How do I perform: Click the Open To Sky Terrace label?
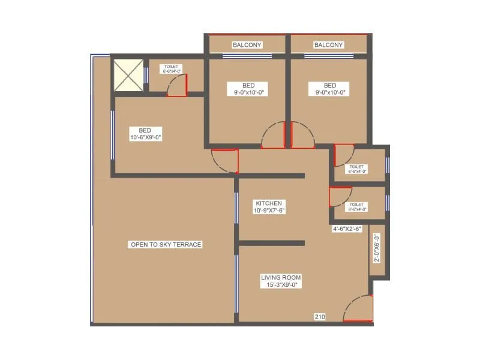pos(166,244)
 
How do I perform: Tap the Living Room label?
pos(281,277)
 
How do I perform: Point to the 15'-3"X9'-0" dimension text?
pos(281,285)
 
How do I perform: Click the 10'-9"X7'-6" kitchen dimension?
pos(268,211)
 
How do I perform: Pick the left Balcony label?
pos(246,44)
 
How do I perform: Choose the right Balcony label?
pos(328,44)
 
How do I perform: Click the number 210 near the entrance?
pos(319,316)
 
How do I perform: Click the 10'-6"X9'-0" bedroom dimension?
pos(145,137)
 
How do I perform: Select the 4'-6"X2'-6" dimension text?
pos(347,229)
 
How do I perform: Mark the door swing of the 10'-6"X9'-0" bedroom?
pos(226,160)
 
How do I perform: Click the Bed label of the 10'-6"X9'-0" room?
pos(145,130)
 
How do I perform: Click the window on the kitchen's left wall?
pos(236,208)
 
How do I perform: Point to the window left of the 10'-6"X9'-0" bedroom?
pos(112,134)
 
